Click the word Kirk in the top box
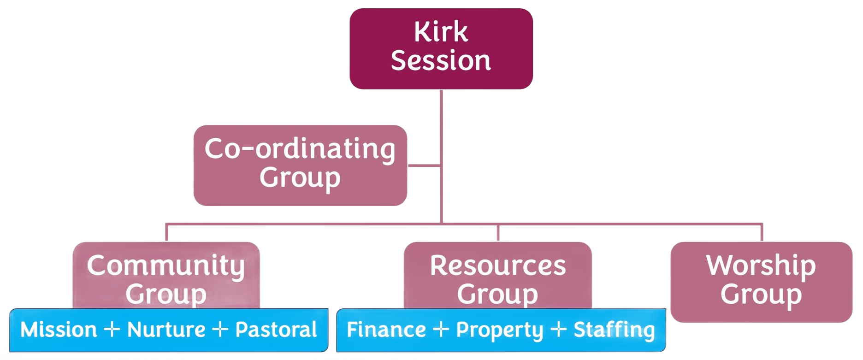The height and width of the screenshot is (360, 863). pyautogui.click(x=441, y=32)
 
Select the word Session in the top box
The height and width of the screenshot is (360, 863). pyautogui.click(x=441, y=61)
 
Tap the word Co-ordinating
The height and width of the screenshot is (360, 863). pyautogui.click(x=300, y=149)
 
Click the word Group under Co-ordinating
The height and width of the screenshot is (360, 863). pyautogui.click(x=300, y=178)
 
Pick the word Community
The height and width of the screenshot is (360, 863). pyautogui.click(x=166, y=266)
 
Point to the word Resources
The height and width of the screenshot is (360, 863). pyautogui.click(x=498, y=266)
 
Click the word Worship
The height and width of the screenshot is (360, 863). pyautogui.click(x=761, y=266)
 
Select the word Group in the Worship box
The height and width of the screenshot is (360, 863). pyautogui.click(x=761, y=294)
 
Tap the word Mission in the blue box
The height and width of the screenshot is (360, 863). pyautogui.click(x=59, y=330)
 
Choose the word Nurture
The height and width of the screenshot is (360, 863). pyautogui.click(x=166, y=330)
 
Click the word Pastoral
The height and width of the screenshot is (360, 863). pyautogui.click(x=276, y=330)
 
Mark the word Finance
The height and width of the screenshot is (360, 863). pyautogui.click(x=386, y=330)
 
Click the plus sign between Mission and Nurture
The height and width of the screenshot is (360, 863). pyautogui.click(x=112, y=329)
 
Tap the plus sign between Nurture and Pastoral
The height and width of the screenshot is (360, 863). pyautogui.click(x=220, y=329)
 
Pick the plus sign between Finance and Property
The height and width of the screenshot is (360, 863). pyautogui.click(x=441, y=329)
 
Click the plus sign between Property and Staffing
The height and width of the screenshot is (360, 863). pyautogui.click(x=558, y=329)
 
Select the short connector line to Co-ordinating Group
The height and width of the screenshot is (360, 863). pyautogui.click(x=424, y=165)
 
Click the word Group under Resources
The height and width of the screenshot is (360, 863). pyautogui.click(x=498, y=294)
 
